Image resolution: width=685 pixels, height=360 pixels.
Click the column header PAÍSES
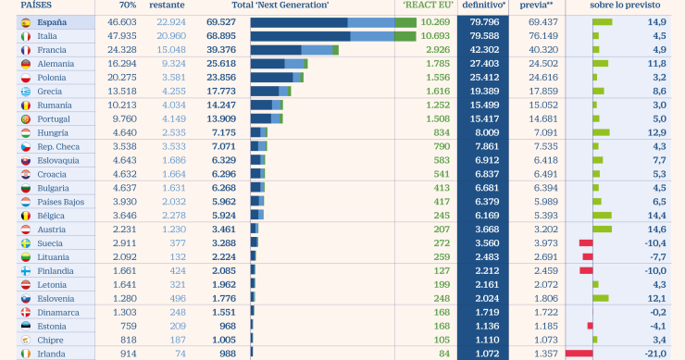23,6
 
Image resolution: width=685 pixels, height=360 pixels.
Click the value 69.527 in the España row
221,21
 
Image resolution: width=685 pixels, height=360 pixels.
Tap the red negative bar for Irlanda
579,353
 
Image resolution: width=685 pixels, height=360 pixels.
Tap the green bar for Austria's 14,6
602,229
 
